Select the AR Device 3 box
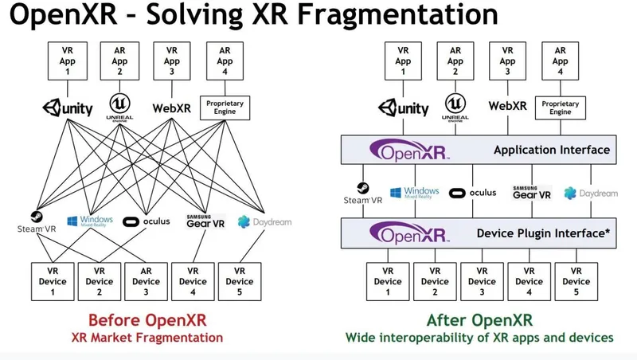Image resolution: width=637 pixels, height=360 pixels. click(x=146, y=281)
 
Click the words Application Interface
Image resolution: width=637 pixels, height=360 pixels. click(x=551, y=150)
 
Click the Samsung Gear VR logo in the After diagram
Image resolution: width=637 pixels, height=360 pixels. click(x=531, y=192)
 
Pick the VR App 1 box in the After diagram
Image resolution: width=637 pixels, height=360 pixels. click(x=404, y=60)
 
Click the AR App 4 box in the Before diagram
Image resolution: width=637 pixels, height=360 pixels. click(x=225, y=60)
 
